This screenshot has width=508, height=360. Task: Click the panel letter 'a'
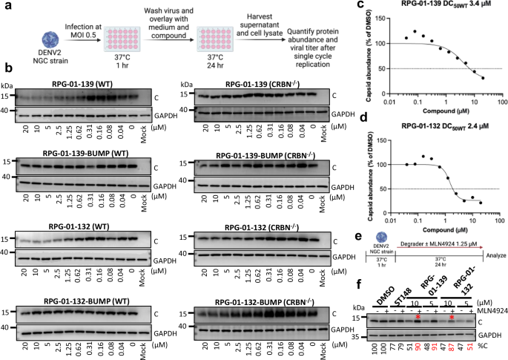5,6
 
